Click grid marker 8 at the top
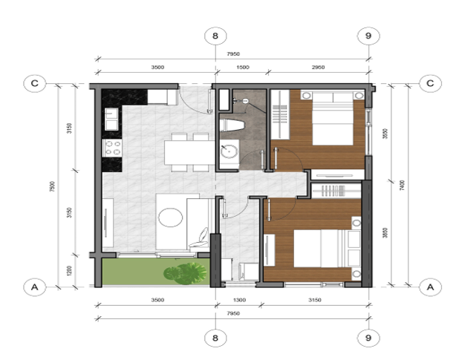pyautogui.click(x=215, y=36)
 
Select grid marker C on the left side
pyautogui.click(x=34, y=82)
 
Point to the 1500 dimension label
pyautogui.click(x=242, y=68)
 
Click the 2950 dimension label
pyautogui.click(x=318, y=68)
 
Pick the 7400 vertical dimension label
pyautogui.click(x=402, y=185)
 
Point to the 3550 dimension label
pyautogui.click(x=385, y=134)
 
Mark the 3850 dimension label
pyautogui.click(x=385, y=232)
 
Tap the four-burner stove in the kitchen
pyautogui.click(x=113, y=147)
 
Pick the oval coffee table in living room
pyautogui.click(x=170, y=217)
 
